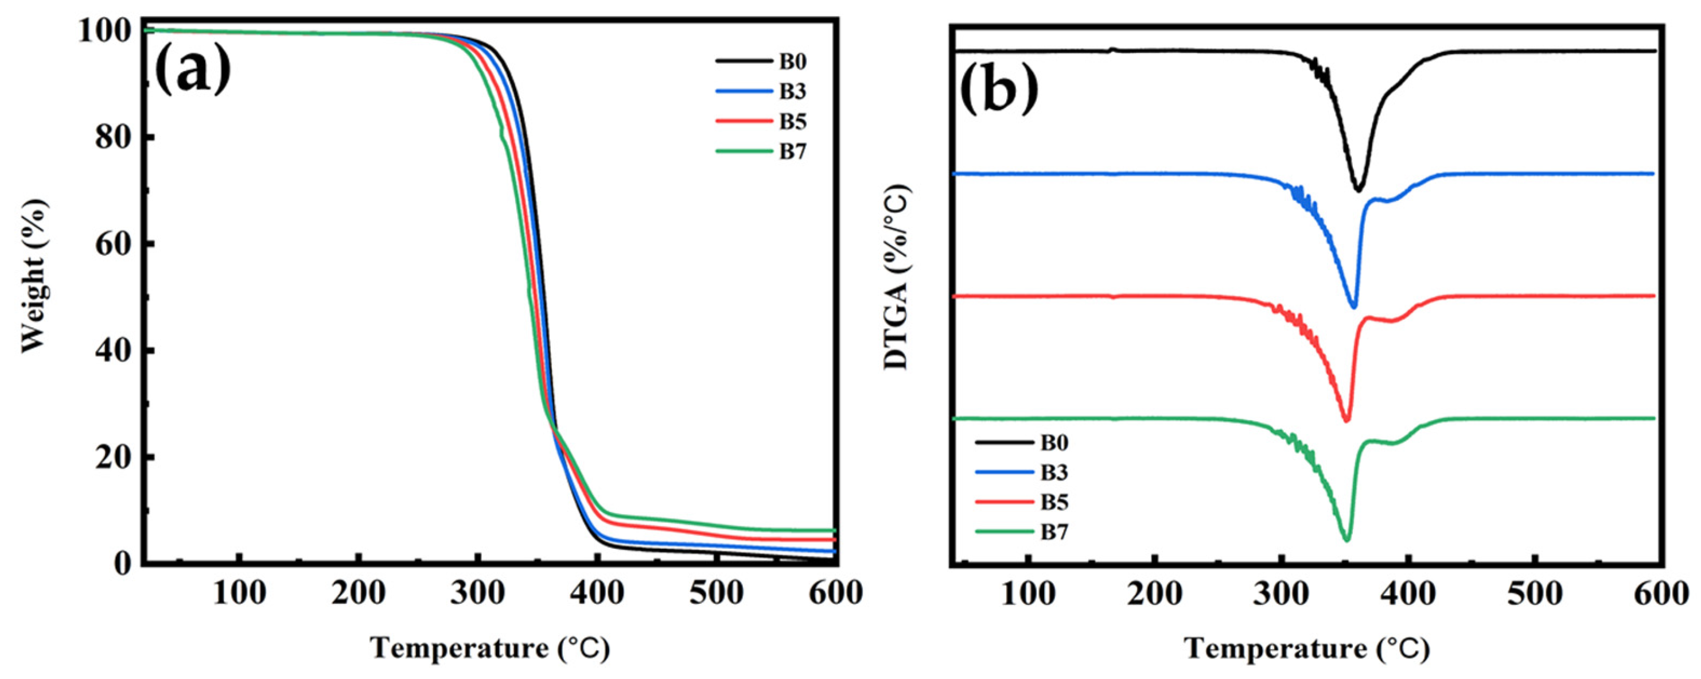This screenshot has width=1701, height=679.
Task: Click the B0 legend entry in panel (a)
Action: pyautogui.click(x=792, y=62)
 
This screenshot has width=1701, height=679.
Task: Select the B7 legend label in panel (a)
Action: pyautogui.click(x=792, y=152)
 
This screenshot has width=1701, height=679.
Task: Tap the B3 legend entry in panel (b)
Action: pyautogui.click(x=1054, y=472)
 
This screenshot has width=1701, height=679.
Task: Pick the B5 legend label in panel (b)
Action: pyautogui.click(x=1054, y=502)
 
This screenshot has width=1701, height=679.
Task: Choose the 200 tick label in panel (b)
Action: pyautogui.click(x=1155, y=595)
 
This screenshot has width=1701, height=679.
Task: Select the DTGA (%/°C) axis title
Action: pyautogui.click(x=897, y=277)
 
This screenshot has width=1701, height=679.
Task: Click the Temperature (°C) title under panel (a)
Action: pyautogui.click(x=489, y=649)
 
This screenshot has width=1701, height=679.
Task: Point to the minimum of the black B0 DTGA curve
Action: pyautogui.click(x=1359, y=190)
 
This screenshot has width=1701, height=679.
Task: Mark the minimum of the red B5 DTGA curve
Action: pyautogui.click(x=1346, y=421)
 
